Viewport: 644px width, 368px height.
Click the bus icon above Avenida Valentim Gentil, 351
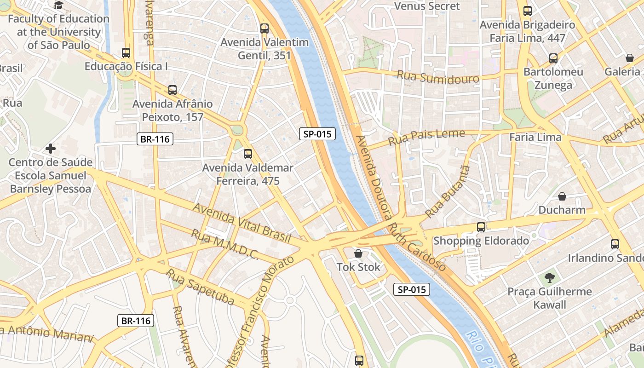264,28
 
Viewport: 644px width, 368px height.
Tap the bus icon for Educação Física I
126,52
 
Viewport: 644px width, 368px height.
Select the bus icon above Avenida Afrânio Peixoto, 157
172,90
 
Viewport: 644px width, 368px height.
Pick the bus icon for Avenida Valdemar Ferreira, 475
248,154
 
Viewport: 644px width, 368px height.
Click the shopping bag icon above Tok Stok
358,253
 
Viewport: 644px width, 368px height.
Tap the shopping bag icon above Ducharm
562,196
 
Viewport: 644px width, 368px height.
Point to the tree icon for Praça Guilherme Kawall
549,277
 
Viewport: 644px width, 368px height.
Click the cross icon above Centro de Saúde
51,149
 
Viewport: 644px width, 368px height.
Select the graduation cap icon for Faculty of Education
58,5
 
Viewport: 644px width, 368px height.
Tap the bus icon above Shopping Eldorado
481,227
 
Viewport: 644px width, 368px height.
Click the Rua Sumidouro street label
437,77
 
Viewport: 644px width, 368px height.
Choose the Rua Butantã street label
448,191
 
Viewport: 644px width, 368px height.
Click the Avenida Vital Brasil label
242,223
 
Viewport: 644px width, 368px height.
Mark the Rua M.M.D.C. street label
225,245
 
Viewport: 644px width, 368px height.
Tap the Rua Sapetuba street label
201,288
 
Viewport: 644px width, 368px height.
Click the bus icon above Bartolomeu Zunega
553,58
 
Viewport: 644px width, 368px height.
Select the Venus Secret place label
427,6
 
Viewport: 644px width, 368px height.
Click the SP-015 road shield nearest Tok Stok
412,289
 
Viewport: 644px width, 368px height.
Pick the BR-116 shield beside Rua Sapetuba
136,321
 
